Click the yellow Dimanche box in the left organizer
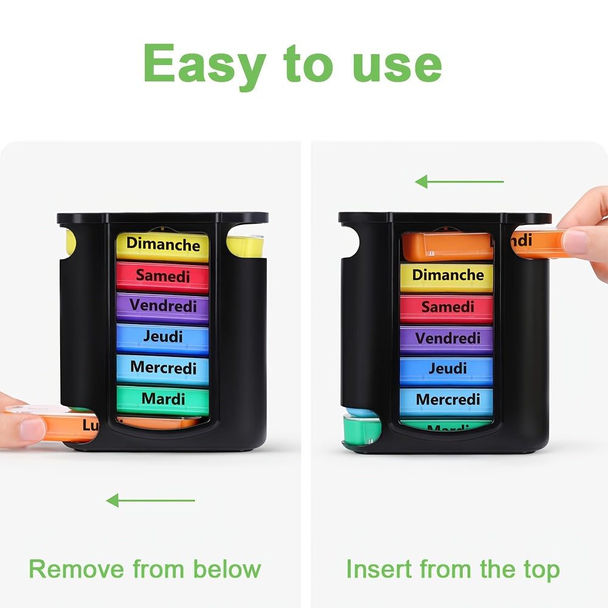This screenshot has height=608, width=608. tap(162, 245)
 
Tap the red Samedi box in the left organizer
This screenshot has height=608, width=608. tap(162, 276)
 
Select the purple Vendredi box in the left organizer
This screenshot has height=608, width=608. tap(162, 306)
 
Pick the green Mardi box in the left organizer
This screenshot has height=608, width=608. tap(163, 399)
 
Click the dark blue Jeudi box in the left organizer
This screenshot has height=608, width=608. tap(162, 336)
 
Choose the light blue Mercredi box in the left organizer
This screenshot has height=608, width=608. tap(162, 368)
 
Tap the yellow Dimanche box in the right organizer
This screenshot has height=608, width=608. tap(447, 275)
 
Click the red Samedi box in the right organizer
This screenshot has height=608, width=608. tap(447, 307)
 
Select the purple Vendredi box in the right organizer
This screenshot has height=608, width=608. tap(447, 338)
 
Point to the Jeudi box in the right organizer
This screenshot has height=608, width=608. tap(447, 369)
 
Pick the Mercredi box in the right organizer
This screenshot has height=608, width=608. tap(447, 400)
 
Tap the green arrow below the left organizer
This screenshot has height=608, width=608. tap(150, 500)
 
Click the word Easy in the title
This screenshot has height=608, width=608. tap(206, 64)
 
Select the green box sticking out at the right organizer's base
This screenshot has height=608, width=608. tap(361, 432)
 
